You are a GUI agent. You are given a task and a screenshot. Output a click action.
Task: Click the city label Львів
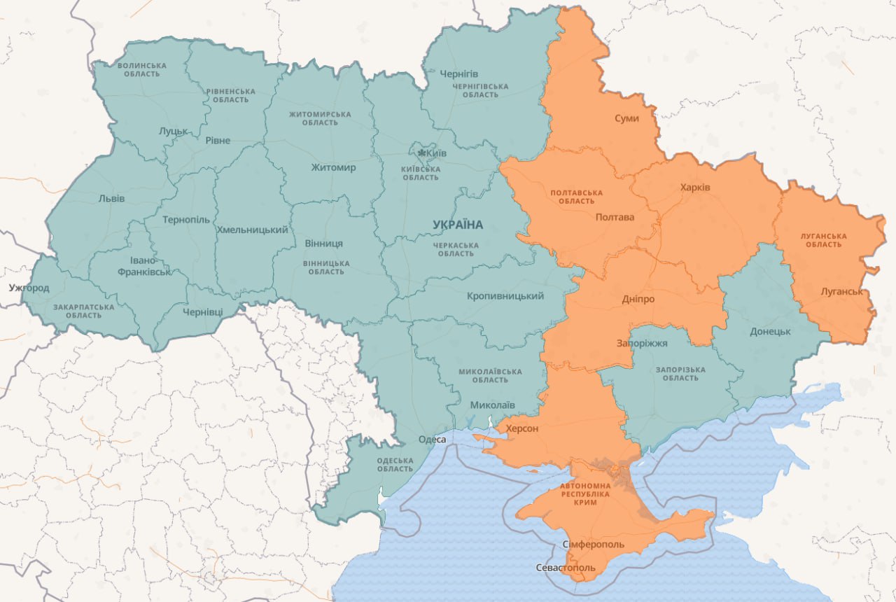tap(111, 198)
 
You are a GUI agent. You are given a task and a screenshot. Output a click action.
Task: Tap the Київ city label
tap(436, 153)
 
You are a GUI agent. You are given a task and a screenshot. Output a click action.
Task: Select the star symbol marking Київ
tap(421, 153)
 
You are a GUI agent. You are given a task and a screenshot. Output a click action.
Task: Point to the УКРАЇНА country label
tap(458, 225)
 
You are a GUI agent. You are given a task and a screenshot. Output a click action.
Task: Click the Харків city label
tap(694, 188)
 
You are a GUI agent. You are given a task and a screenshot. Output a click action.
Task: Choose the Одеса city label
tap(432, 439)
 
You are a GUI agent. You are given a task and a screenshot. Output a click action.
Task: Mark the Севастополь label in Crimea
tap(566, 567)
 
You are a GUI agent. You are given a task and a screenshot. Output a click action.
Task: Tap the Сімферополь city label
tap(593, 545)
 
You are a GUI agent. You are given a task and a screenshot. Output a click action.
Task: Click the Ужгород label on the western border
tap(29, 288)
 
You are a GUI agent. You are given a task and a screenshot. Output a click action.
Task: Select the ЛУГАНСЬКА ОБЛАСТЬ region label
tap(824, 240)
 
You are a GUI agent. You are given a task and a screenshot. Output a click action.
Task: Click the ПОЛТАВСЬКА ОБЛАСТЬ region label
tap(576, 197)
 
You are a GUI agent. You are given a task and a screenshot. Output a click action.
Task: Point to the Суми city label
tap(626, 118)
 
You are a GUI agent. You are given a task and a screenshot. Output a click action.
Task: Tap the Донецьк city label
tap(770, 331)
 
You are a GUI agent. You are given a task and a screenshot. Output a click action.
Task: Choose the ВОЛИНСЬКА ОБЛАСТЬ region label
tap(142, 69)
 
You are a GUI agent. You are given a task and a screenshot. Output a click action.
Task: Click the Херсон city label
tap(521, 428)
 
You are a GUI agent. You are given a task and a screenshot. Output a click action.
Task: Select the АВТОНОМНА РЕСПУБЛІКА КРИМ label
tap(584, 493)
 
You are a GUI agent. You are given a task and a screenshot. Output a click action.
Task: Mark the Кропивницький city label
tap(505, 296)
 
